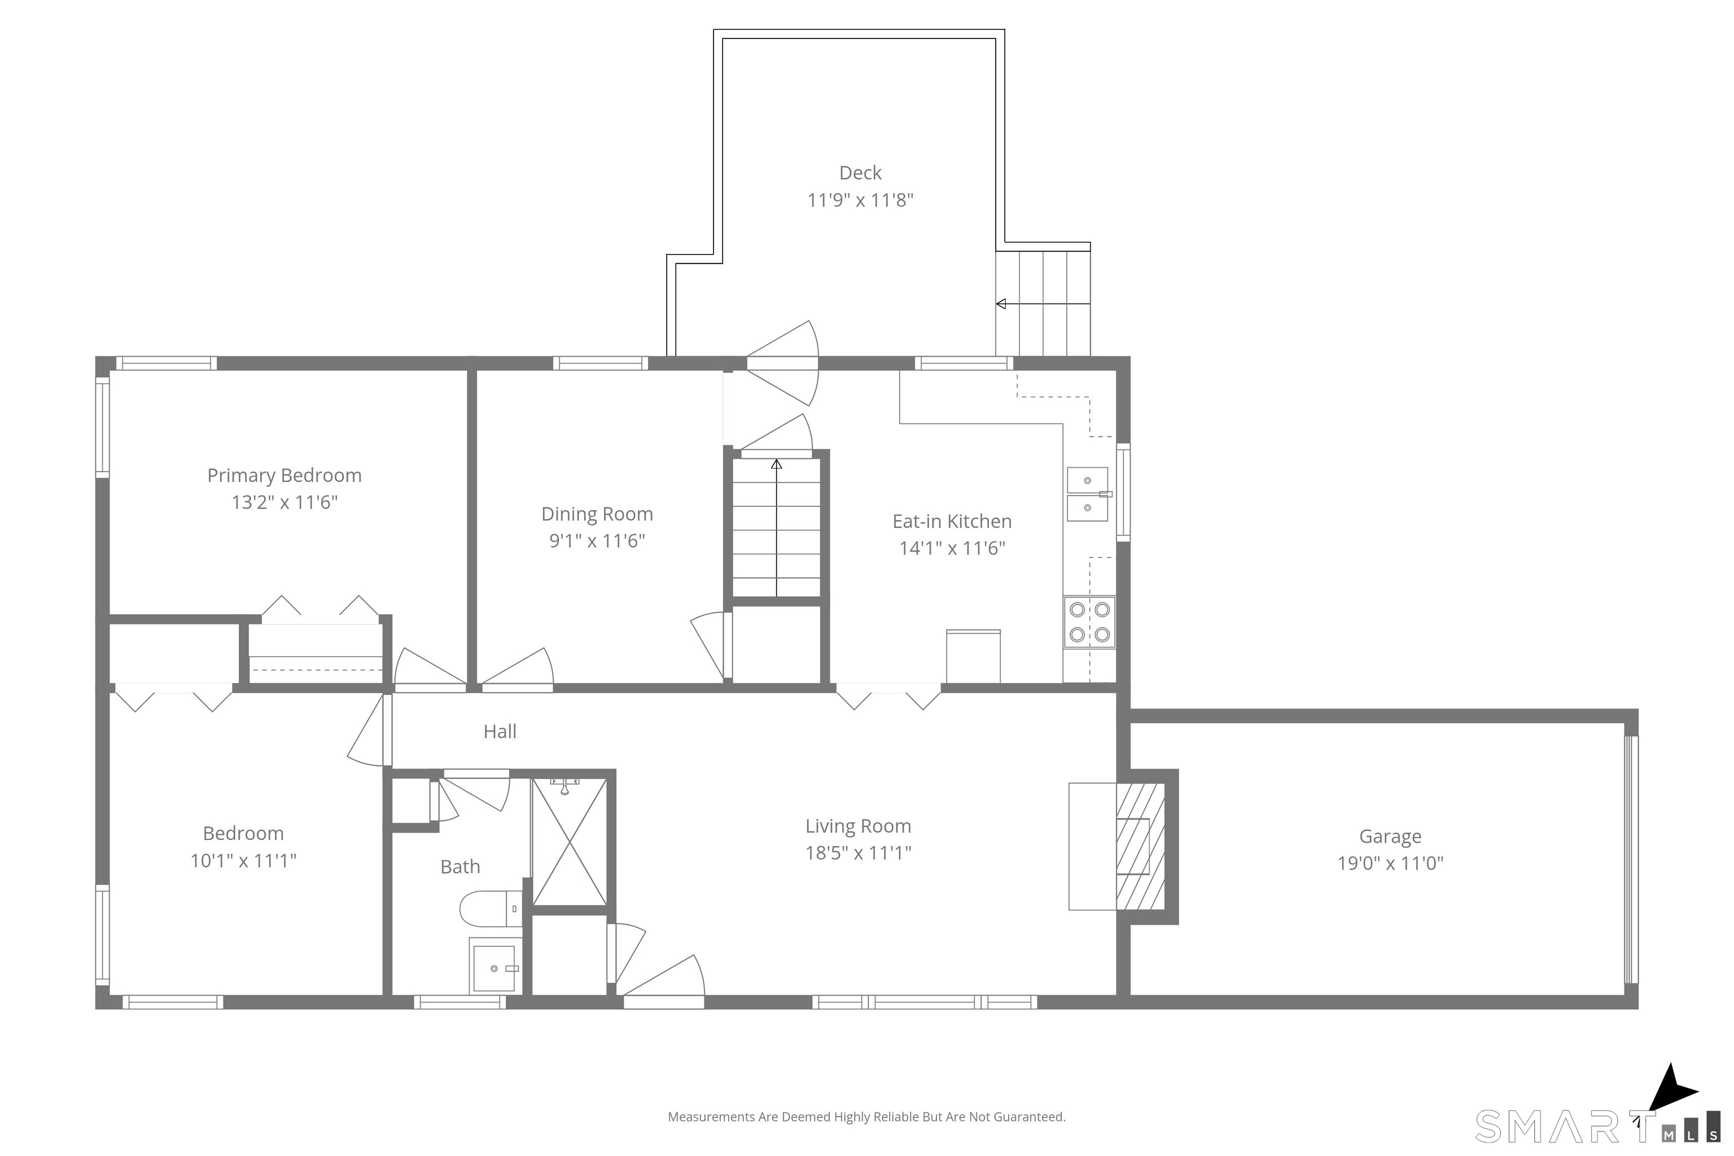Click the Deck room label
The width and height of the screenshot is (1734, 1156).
point(860,173)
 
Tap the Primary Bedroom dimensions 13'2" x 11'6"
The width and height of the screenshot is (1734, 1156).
point(284,502)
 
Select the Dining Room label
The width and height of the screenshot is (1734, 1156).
point(597,514)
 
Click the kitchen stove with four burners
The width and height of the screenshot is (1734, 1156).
point(1089,622)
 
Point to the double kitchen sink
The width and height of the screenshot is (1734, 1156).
point(1088,494)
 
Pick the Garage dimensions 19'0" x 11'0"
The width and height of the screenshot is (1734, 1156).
point(1390,862)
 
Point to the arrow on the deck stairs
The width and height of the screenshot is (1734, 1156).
point(1002,304)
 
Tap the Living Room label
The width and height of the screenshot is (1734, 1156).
point(857,826)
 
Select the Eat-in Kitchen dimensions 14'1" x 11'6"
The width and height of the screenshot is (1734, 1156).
point(952,548)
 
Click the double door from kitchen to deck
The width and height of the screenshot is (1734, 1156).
point(783,364)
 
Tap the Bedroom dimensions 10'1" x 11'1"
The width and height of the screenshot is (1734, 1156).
point(243,860)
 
